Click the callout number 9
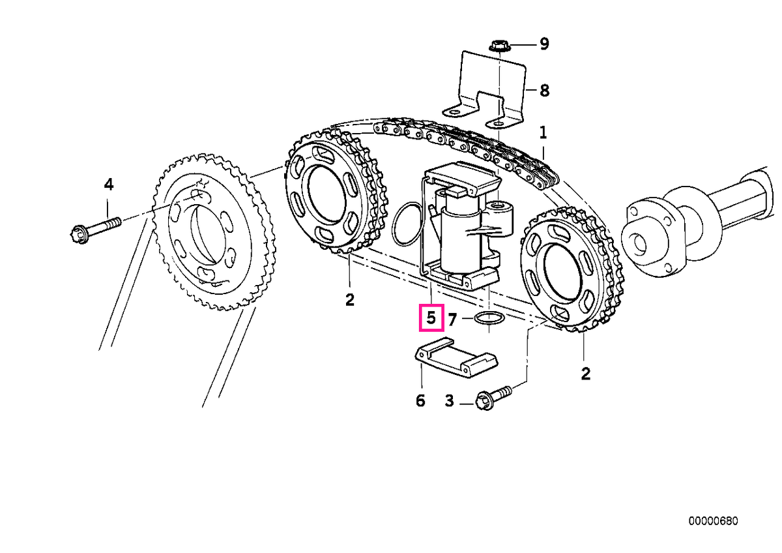coord(544,44)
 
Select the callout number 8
coord(544,91)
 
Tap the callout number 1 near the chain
coord(543,133)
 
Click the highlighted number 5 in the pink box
coord(431,318)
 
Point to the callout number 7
coord(452,320)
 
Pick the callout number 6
coord(420,400)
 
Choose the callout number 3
coord(449,400)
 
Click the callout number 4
coord(109,184)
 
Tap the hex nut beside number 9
coord(499,46)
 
